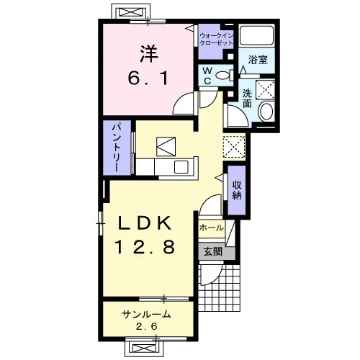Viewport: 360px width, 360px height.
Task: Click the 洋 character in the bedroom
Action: [149, 53]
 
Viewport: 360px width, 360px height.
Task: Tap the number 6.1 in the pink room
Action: [148, 78]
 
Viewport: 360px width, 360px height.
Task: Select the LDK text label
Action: [145, 222]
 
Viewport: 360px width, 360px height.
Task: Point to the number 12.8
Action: [145, 247]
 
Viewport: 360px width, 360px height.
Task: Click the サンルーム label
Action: [146, 314]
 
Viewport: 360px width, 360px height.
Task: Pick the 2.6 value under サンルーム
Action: [147, 326]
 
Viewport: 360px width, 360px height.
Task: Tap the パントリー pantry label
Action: [117, 148]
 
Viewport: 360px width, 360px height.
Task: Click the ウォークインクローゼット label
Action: [216, 40]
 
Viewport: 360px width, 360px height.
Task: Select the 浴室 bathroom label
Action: [258, 59]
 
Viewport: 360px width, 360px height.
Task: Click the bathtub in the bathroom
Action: [257, 35]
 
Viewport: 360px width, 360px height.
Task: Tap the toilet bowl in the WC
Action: [223, 76]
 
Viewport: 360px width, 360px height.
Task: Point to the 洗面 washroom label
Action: [247, 98]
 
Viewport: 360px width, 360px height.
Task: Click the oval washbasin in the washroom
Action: [266, 112]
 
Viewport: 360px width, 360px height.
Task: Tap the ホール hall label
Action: [211, 228]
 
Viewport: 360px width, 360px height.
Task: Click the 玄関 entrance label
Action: [212, 252]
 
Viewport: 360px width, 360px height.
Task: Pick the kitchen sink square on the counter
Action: [181, 167]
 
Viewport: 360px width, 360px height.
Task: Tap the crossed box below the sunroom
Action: [143, 348]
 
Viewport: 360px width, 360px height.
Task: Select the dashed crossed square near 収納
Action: [234, 147]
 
